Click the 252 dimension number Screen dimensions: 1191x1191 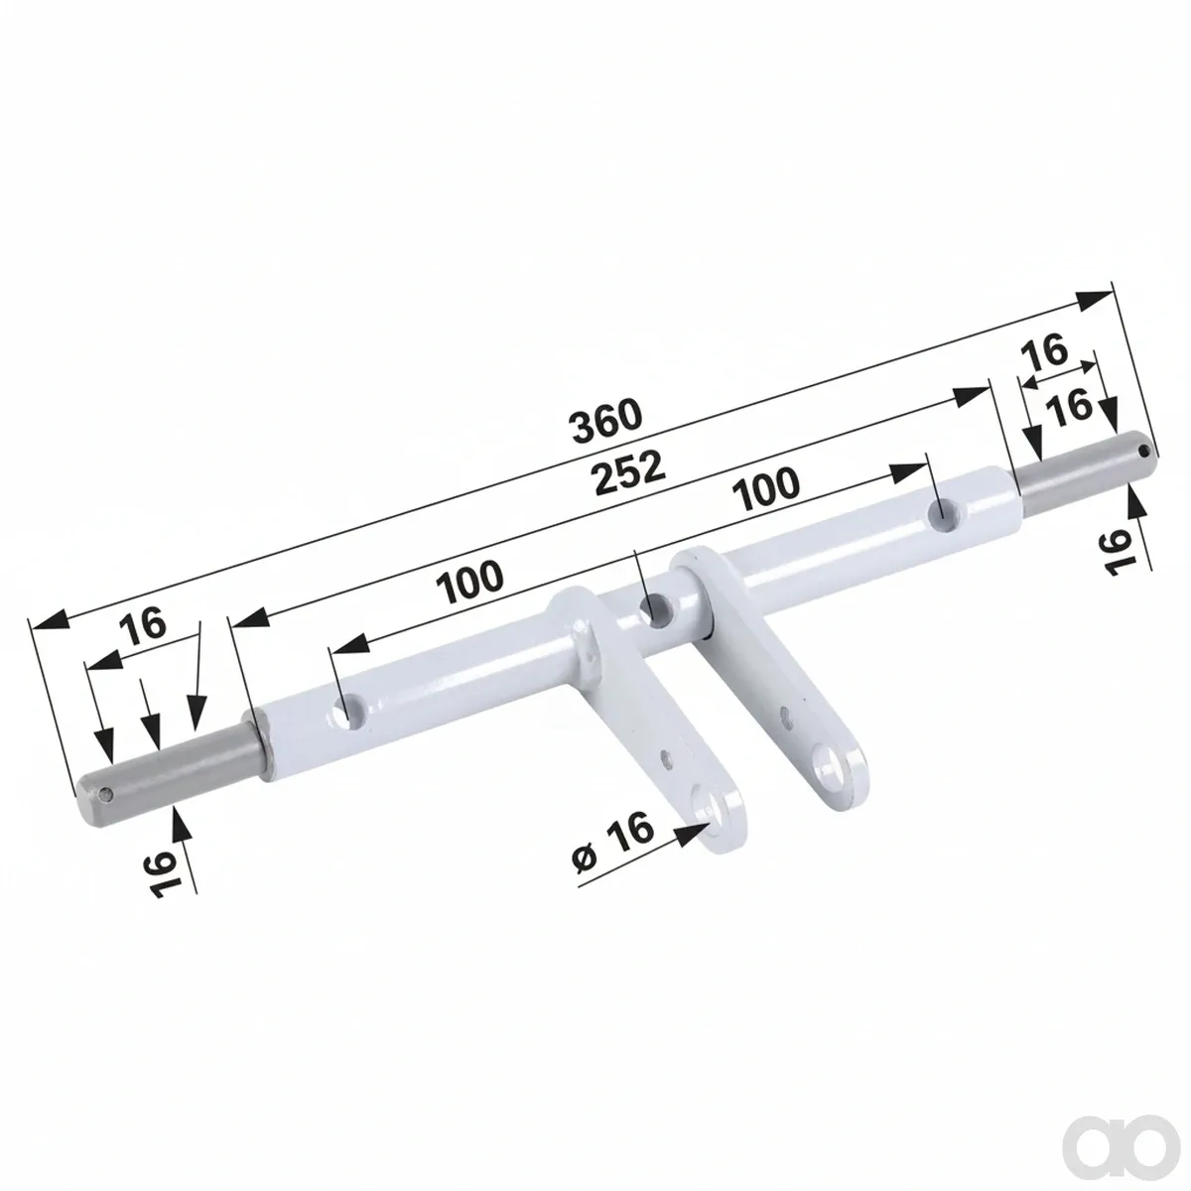click(x=627, y=472)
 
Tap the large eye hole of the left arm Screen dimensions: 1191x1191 click(x=708, y=804)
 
